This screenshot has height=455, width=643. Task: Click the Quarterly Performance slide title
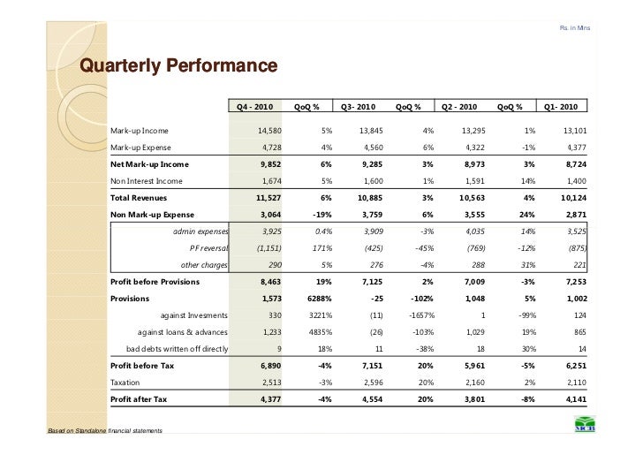click(x=178, y=65)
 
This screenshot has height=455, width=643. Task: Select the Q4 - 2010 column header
click(x=254, y=107)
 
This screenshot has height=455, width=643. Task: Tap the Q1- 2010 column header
click(x=561, y=107)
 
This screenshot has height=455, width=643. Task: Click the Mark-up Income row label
click(x=140, y=131)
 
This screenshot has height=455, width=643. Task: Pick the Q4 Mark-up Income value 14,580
click(x=269, y=131)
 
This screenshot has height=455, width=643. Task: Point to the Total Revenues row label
click(x=139, y=198)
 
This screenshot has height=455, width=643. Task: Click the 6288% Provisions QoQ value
click(x=320, y=299)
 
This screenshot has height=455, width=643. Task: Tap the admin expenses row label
click(x=200, y=231)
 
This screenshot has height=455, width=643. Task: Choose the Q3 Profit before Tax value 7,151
click(x=372, y=366)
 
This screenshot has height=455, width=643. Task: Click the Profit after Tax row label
click(x=139, y=399)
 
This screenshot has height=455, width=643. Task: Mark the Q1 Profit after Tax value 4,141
click(x=576, y=399)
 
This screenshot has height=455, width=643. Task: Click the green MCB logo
click(x=585, y=424)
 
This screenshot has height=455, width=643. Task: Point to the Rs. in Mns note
click(x=575, y=28)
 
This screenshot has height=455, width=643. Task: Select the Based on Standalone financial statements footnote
click(x=105, y=430)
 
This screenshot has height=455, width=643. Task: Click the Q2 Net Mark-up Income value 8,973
click(x=474, y=164)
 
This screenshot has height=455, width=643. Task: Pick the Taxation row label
click(x=125, y=383)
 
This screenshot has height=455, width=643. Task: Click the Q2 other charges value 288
click(x=478, y=265)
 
